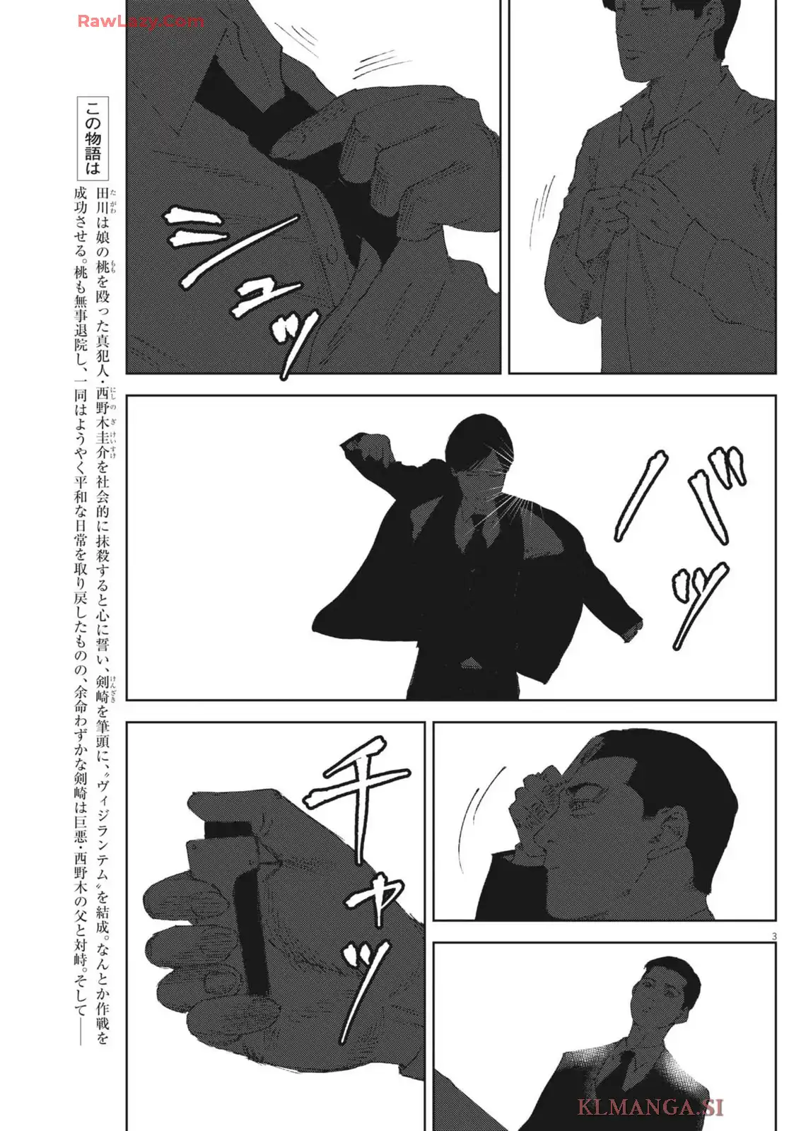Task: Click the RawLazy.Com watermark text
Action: point(141,21)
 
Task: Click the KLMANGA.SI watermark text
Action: point(650,1106)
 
